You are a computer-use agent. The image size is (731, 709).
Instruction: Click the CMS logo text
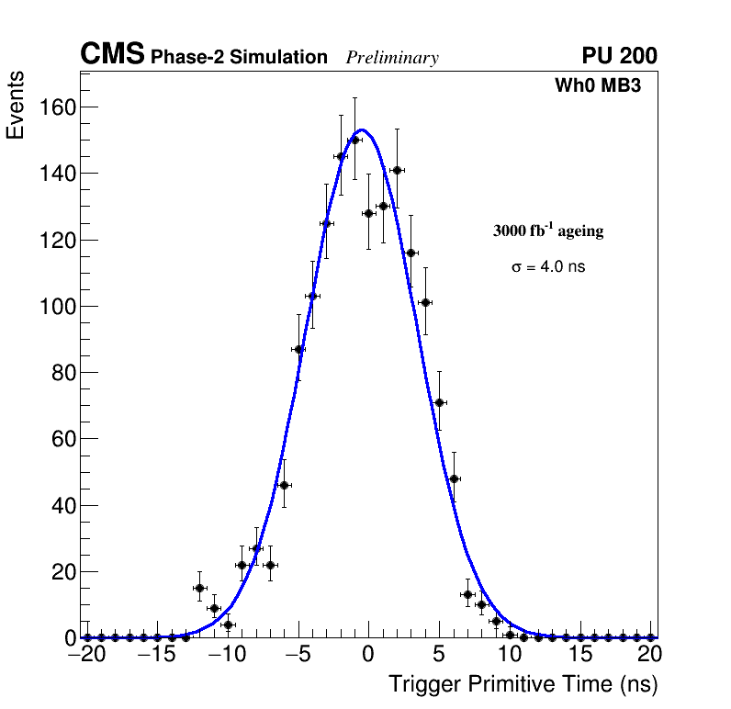[x=112, y=55]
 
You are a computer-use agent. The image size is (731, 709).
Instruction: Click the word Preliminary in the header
[x=392, y=58]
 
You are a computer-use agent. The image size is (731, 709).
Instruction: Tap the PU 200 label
[x=619, y=56]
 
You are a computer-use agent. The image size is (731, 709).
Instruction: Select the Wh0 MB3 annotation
[x=597, y=86]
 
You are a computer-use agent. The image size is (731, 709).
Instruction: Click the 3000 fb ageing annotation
[x=548, y=231]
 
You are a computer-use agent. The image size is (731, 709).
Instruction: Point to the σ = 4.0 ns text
[x=548, y=267]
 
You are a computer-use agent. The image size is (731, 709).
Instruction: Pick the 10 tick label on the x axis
[x=510, y=654]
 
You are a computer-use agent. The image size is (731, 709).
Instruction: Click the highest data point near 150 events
[x=354, y=141]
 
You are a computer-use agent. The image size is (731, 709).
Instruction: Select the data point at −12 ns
[x=199, y=588]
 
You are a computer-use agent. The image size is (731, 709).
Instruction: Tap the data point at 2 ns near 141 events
[x=397, y=170]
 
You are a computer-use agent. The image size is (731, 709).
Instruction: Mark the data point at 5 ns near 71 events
[x=439, y=402]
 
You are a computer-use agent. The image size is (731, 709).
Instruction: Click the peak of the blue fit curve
[x=363, y=130]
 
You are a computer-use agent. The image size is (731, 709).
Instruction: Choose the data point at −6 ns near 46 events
[x=284, y=485]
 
